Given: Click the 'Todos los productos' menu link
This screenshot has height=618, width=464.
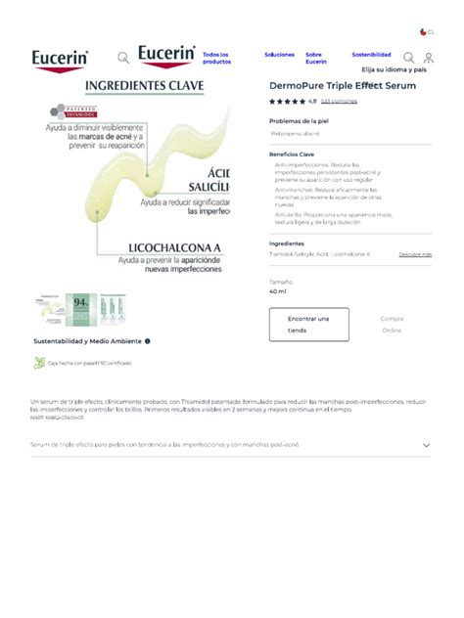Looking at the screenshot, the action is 215,58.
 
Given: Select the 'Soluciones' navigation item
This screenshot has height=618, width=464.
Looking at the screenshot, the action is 279,55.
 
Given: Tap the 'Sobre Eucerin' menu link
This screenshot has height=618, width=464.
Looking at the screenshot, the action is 315,58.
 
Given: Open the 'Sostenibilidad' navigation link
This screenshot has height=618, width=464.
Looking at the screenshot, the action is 371,55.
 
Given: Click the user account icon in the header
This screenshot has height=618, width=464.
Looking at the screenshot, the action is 428,58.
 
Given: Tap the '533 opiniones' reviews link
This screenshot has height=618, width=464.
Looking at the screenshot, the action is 339,101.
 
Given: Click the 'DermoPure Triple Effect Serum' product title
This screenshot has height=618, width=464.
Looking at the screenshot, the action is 342,86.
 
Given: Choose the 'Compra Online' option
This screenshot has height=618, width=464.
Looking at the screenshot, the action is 392,324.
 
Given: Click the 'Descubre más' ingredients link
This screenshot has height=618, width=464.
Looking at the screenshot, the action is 415,254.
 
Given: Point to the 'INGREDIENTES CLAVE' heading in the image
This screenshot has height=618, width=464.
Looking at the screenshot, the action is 145,86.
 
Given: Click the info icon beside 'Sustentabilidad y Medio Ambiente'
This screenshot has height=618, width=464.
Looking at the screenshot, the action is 148,341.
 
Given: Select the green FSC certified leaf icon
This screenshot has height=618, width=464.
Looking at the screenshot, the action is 39,363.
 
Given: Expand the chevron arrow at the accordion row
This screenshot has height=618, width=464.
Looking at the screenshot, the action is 426,445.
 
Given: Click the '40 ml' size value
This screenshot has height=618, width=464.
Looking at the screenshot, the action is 278,291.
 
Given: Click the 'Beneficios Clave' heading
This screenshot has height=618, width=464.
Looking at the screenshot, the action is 292,154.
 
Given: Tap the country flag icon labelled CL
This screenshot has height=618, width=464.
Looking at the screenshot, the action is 423,31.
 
